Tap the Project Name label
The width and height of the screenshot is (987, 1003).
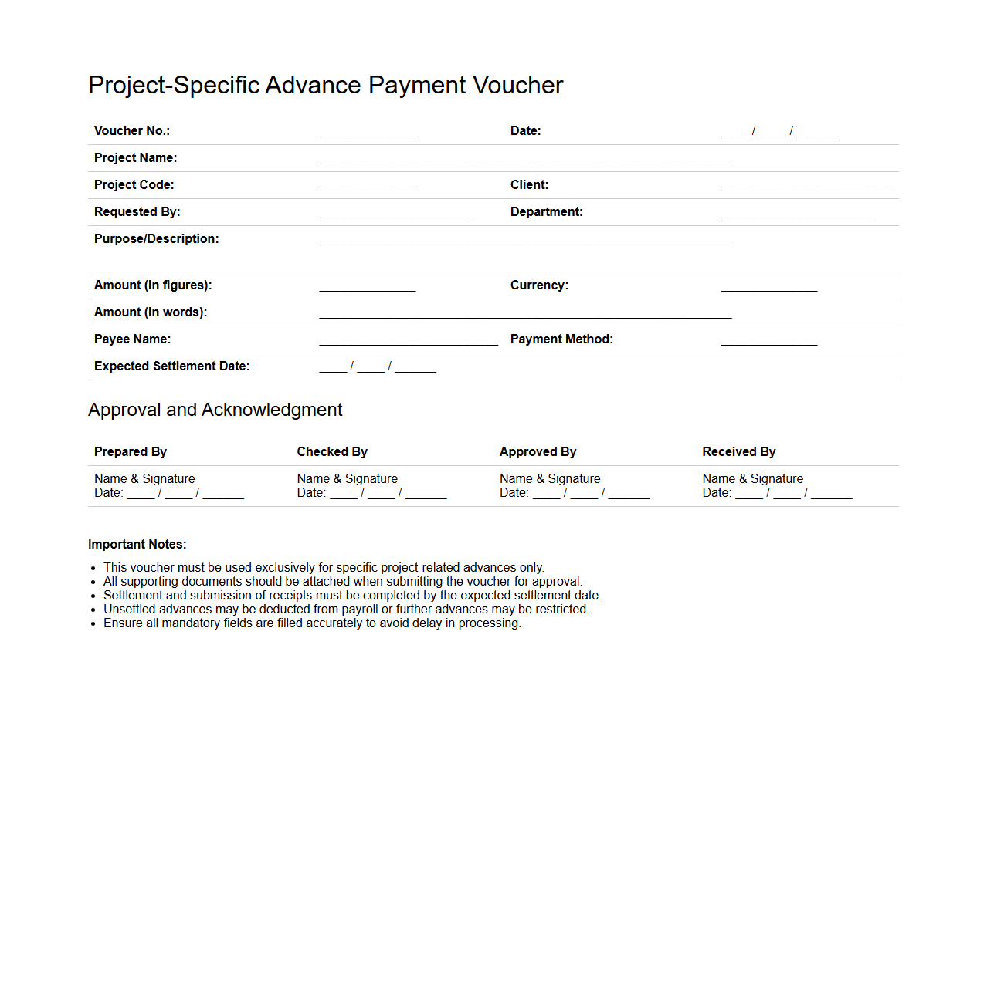coord(135,158)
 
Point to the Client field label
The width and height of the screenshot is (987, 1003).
coord(529,185)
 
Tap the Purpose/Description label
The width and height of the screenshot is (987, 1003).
coord(156,239)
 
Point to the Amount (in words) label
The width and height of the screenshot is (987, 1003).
coord(151,312)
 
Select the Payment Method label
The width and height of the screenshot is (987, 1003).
coord(561,339)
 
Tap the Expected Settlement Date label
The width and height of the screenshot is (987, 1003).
coord(171,366)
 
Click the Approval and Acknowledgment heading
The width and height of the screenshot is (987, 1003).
coord(215,410)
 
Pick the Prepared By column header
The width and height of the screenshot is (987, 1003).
coord(131,452)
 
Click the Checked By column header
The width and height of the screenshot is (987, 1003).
coord(332,452)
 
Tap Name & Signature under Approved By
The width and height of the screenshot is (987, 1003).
coord(550,479)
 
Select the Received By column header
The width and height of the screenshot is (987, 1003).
coord(739,452)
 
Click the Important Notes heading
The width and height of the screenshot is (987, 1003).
coord(137,545)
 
